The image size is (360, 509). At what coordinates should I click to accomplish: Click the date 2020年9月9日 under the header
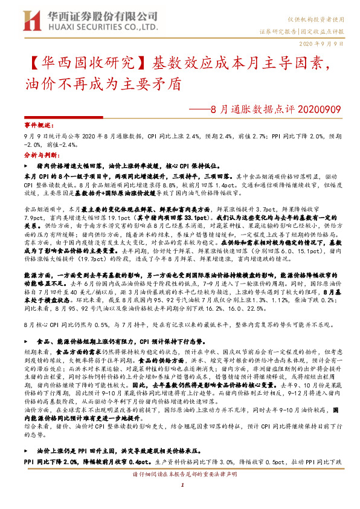321,44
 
